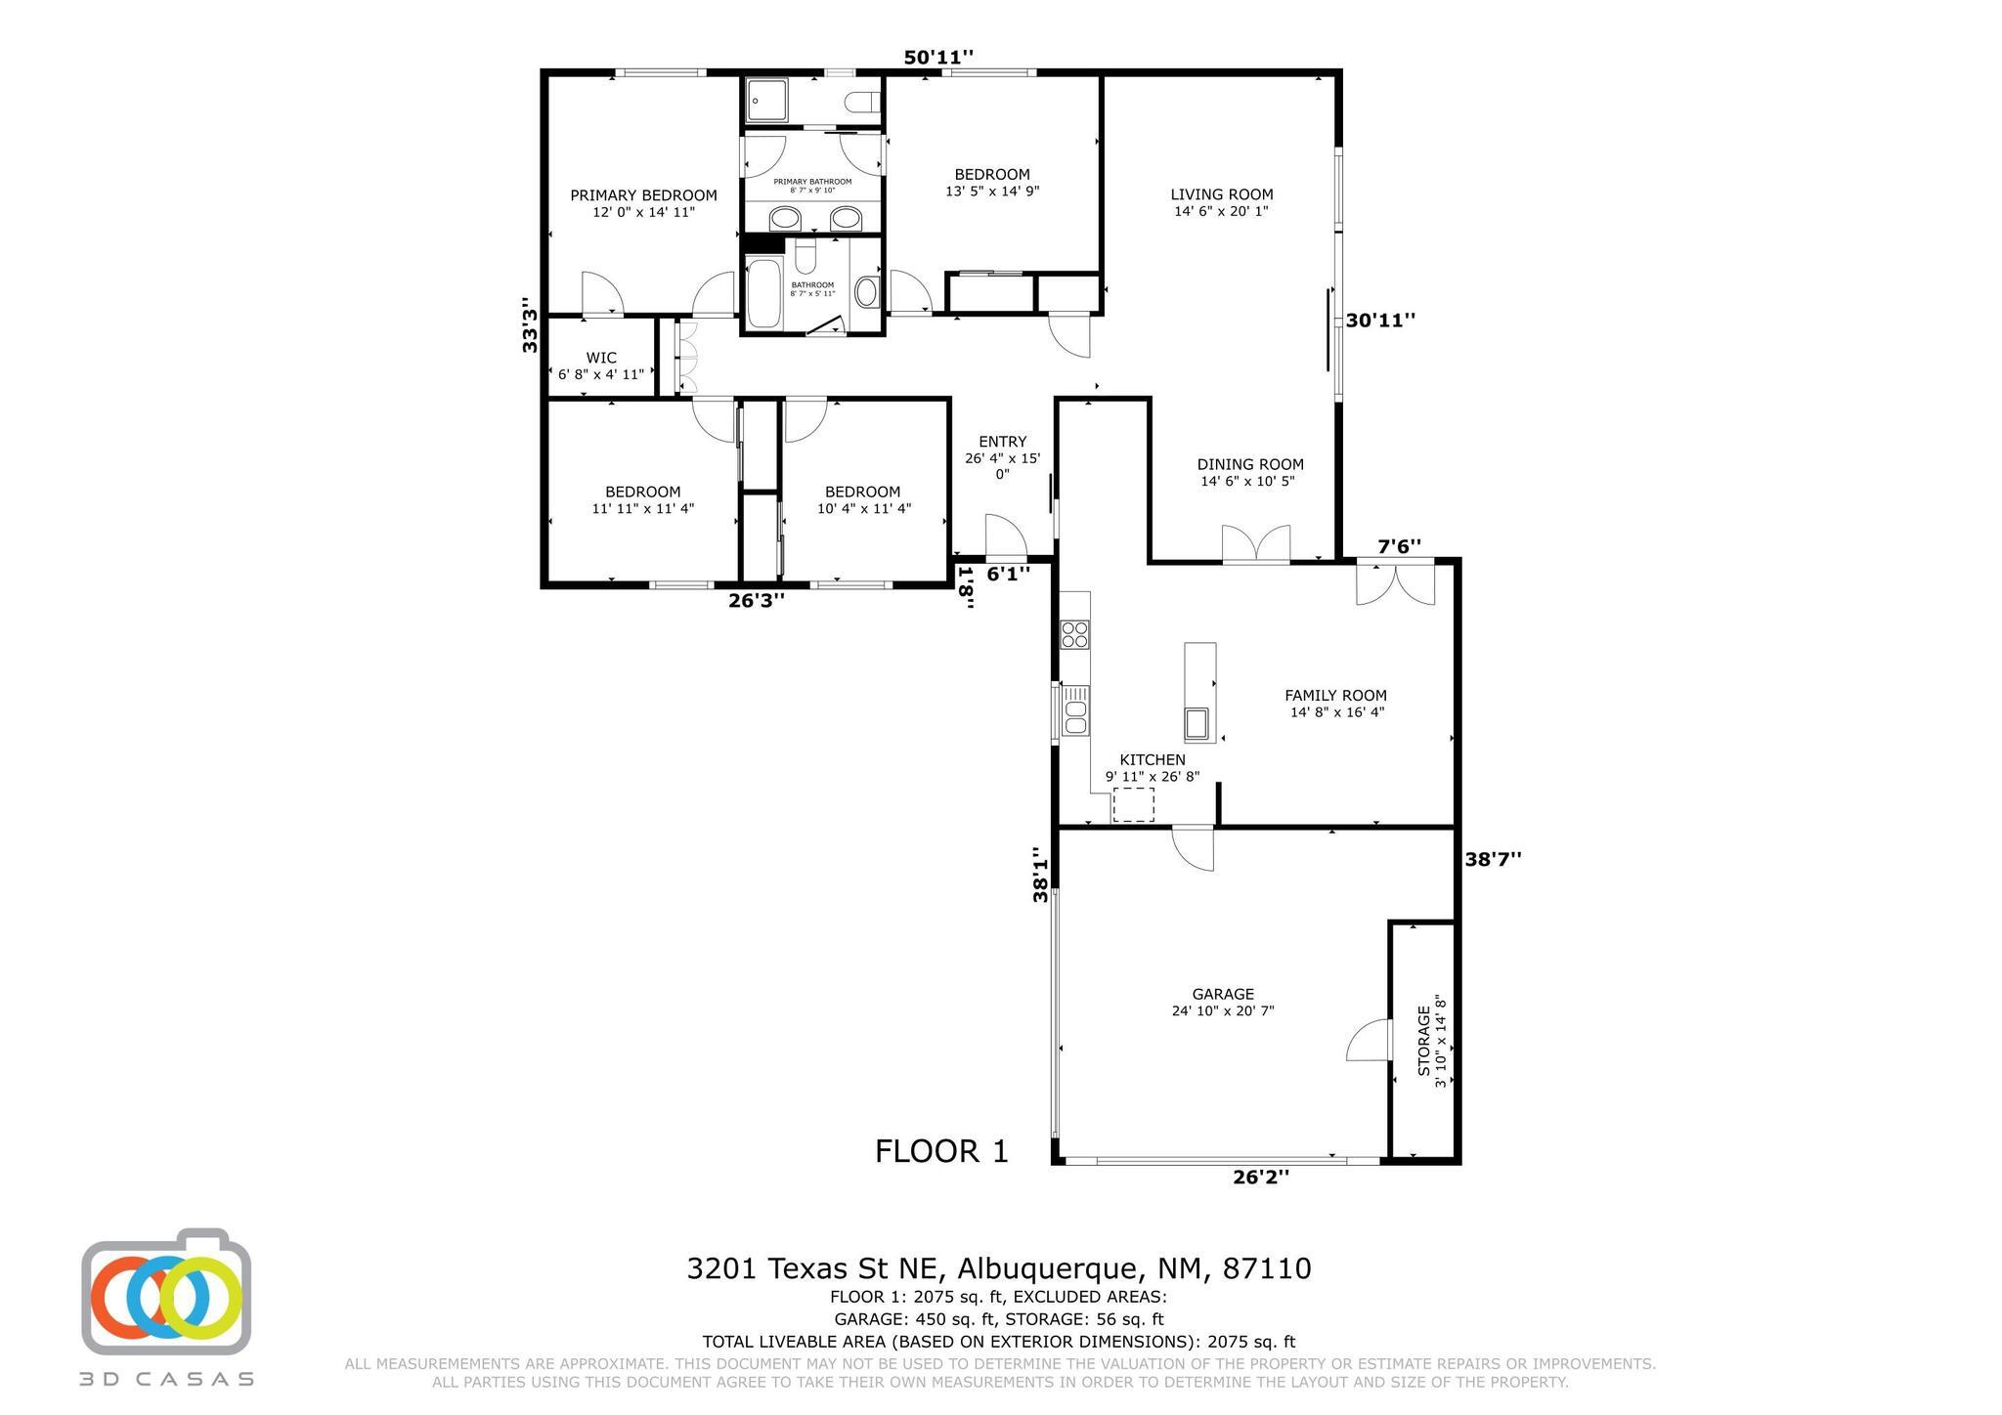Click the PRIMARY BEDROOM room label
pos(643,195)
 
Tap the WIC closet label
pos(601,358)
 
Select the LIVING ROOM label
pos(1222,194)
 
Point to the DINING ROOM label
pos(1250,464)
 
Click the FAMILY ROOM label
pos(1335,696)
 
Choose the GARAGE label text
pos(1222,995)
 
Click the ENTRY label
pos(1002,442)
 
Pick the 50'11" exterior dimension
pos(937,58)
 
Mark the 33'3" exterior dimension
pos(529,324)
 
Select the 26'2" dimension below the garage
pos(1261,1178)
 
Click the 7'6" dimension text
pos(1399,546)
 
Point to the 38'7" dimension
pos(1493,859)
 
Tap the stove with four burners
pos(1075,634)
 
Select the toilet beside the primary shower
pos(861,102)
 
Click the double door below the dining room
pos(1256,544)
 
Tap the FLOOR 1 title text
pos(941,1151)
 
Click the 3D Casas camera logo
pos(166,1292)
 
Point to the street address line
pos(999,1268)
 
